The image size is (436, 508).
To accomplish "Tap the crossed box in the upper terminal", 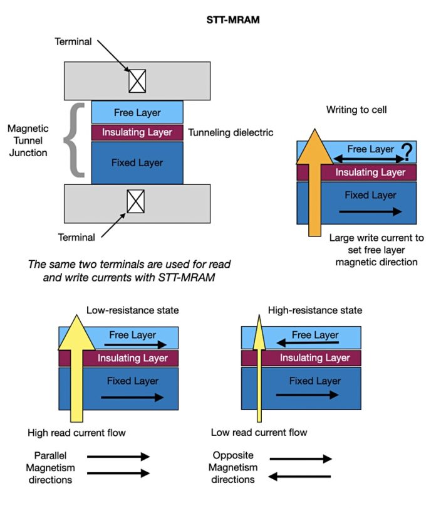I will (137, 80).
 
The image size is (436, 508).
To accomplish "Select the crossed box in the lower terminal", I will (136, 201).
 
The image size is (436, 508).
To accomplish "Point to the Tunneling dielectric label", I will (231, 132).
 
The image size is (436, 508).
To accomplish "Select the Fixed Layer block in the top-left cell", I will (137, 162).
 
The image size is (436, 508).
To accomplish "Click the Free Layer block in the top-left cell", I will (137, 113).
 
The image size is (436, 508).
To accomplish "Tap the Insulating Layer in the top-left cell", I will (137, 132).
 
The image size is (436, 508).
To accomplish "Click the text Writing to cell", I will (356, 110).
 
